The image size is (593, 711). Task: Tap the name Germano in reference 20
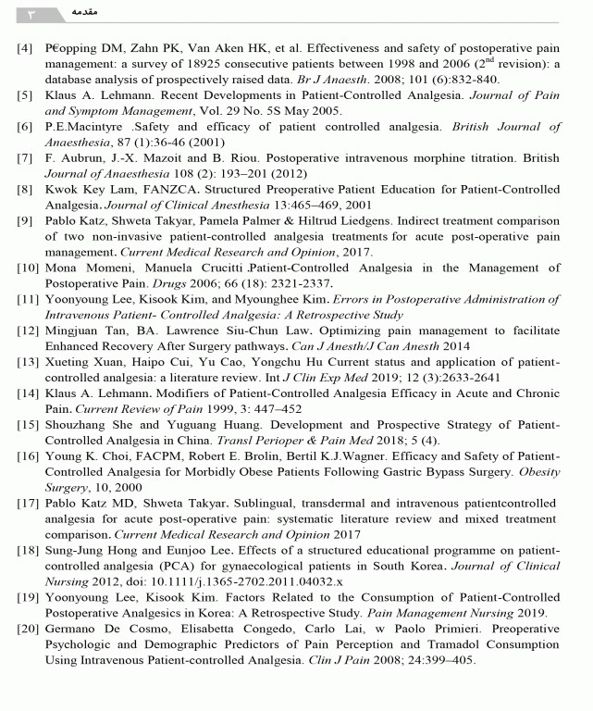coord(72,629)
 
